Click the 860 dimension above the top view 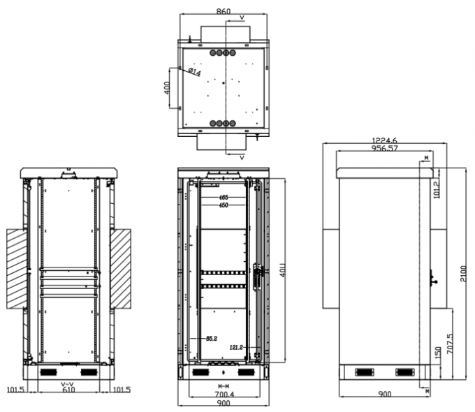[224, 12]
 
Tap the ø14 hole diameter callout [193, 73]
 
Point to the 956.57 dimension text [384, 148]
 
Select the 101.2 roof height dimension [437, 188]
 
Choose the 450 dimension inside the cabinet [224, 205]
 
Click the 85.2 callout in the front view [210, 339]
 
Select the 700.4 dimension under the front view [224, 395]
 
